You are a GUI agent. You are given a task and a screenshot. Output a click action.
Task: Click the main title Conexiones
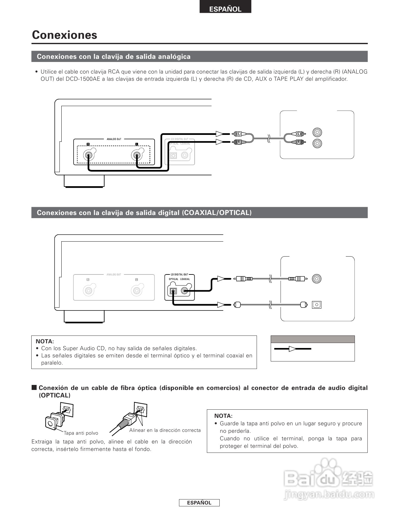point(64,35)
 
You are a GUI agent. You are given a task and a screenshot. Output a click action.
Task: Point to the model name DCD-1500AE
point(83,79)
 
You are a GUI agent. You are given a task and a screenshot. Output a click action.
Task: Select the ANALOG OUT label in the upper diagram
point(114,139)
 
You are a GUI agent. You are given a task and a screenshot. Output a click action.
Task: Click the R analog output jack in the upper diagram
point(88,155)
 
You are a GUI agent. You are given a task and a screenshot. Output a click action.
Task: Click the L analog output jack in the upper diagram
point(136,155)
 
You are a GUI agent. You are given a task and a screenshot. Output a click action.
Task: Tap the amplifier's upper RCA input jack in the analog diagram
point(317,132)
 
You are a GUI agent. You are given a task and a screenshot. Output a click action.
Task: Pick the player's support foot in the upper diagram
point(84,182)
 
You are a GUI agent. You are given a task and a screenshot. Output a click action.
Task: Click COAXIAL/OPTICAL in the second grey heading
point(217,213)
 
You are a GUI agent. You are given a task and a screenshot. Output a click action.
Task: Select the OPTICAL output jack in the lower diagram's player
point(173,291)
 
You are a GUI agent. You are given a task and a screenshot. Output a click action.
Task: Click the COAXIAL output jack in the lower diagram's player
point(185,291)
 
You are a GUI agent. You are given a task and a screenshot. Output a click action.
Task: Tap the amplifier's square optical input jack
point(317,305)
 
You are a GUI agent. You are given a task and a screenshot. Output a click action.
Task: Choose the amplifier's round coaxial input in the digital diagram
point(317,279)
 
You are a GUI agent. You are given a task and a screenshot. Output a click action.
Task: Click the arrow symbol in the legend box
point(293,349)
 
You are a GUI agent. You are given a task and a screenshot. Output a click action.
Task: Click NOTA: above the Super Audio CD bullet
point(45,341)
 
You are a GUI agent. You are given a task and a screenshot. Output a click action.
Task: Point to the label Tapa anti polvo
point(81,433)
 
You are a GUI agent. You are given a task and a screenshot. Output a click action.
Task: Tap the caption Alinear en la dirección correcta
point(165,430)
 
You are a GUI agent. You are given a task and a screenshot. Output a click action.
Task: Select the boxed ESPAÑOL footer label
point(199,503)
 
